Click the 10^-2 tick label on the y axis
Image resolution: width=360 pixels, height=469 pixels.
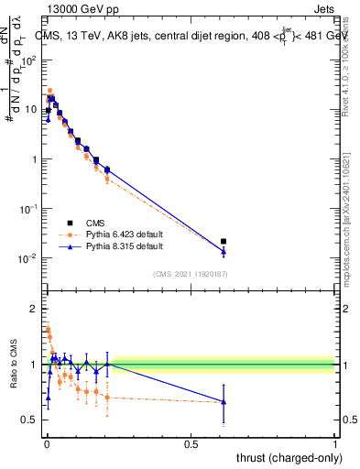pos(28,258)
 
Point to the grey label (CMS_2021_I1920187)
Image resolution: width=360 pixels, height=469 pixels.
pos(191,274)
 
